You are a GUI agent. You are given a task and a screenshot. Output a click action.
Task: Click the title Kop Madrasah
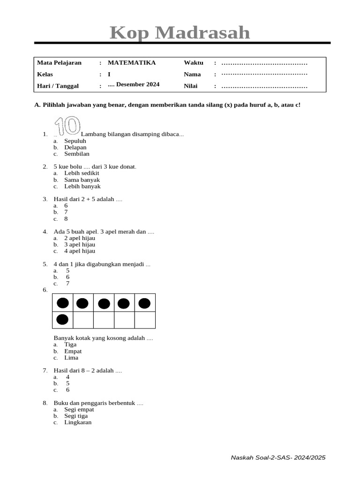coord(180,33)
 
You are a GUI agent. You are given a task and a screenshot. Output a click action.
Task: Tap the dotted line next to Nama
coord(264,74)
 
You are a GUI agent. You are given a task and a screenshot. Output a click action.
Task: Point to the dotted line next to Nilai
coord(264,86)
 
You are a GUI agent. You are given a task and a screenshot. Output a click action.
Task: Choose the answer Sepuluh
coord(75,141)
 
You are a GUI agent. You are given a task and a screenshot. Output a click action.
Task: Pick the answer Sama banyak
coord(82,180)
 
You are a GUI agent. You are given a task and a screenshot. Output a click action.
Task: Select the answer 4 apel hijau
coord(80,251)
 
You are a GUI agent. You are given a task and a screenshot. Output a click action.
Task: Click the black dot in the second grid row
coord(62,320)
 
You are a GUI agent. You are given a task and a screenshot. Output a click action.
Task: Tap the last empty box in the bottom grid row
coord(145,320)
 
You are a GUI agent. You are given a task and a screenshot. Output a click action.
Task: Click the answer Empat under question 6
coord(73,351)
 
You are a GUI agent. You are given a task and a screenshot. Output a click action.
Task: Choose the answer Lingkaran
coord(78,422)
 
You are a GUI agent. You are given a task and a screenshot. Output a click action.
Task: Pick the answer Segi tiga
coord(76,416)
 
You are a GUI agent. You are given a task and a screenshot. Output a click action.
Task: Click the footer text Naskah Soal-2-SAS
coord(278,457)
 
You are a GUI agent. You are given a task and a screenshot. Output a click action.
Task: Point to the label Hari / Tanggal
coord(58,86)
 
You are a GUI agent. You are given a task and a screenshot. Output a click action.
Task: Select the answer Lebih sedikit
coord(82,173)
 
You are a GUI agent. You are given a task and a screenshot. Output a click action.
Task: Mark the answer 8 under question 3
coord(66,218)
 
